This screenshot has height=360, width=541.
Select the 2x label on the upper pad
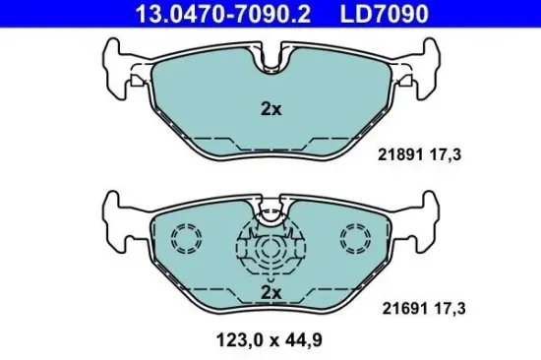271,109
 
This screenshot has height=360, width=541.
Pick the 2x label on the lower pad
271,293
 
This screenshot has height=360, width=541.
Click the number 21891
399,154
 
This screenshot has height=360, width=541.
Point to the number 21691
399,308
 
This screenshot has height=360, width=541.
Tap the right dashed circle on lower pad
355,237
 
